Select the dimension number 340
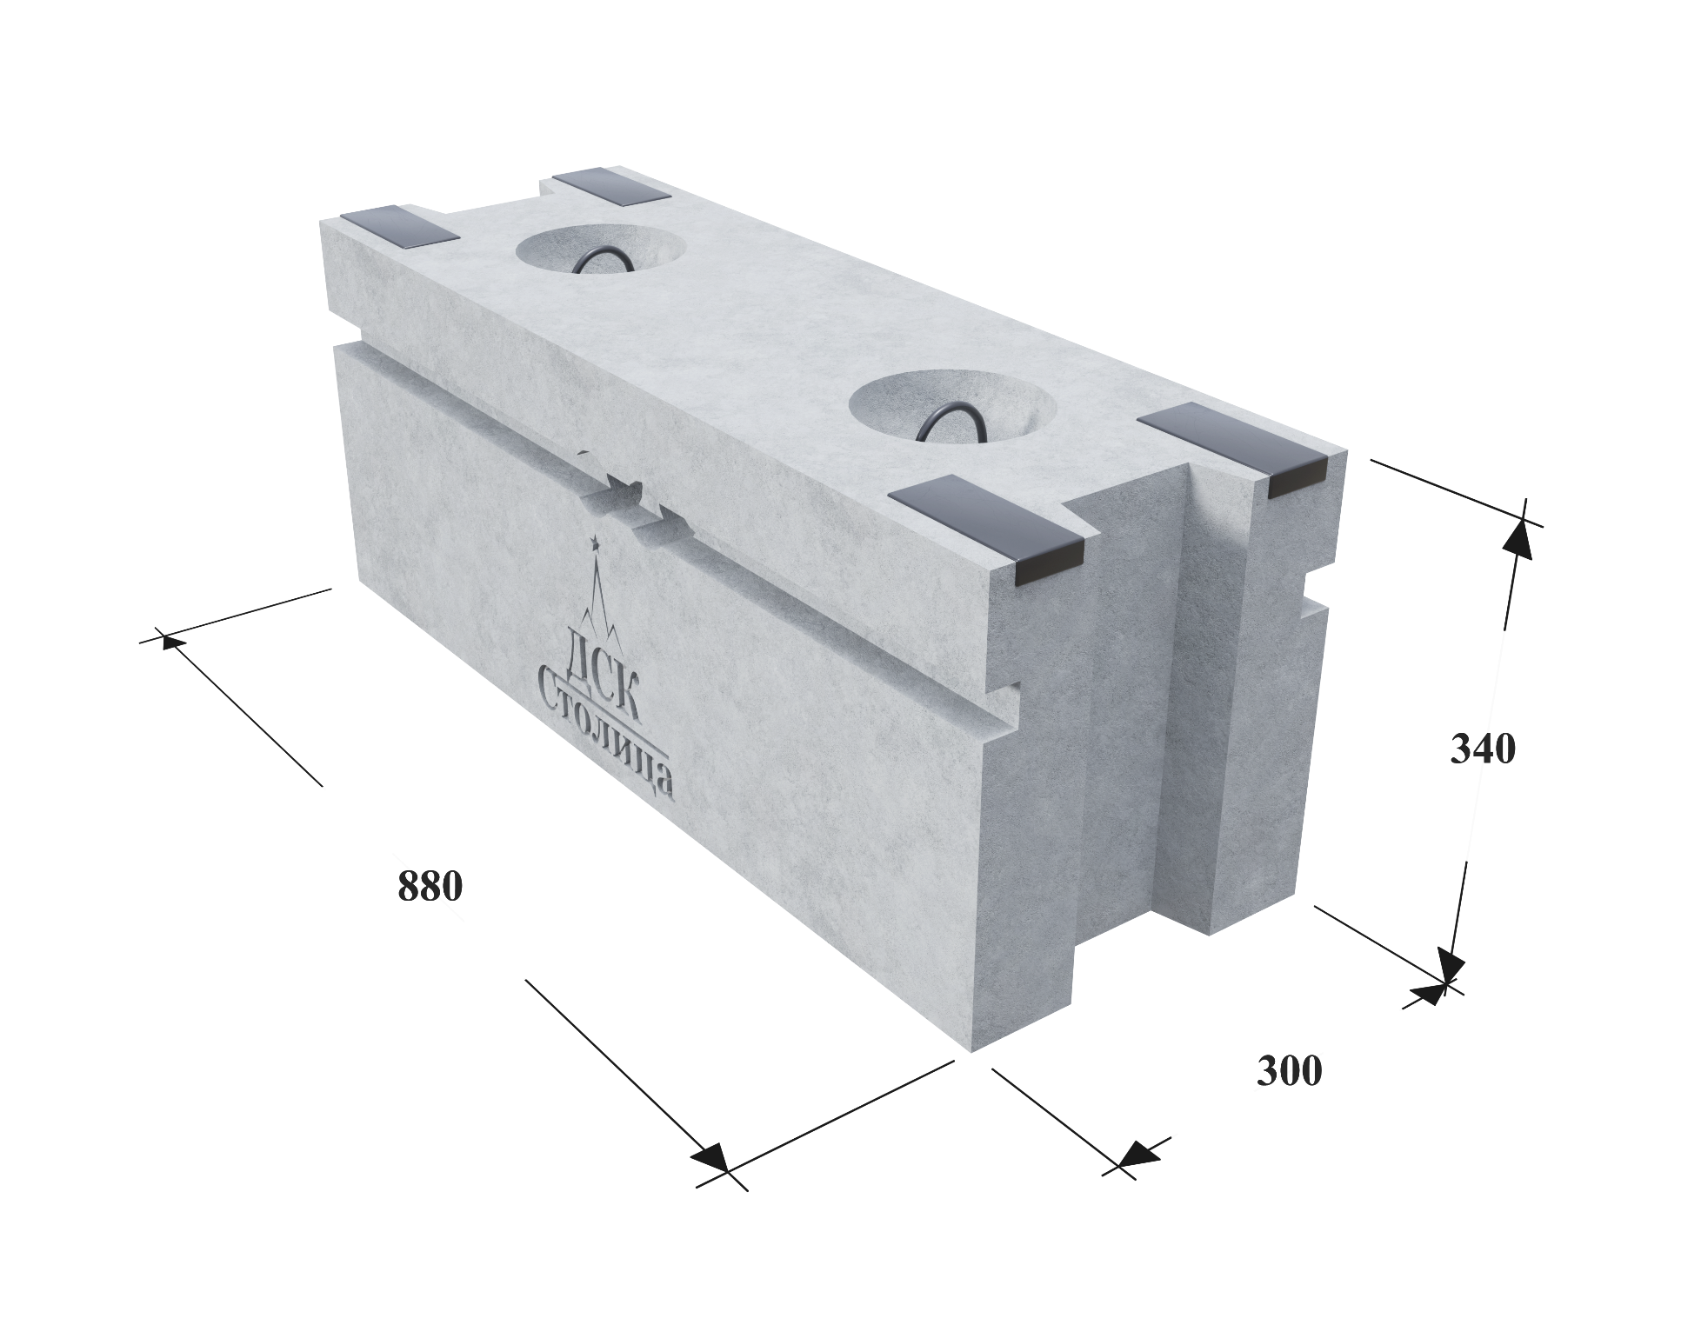[x=1483, y=749]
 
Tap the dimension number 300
[x=1289, y=1071]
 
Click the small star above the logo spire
[x=596, y=543]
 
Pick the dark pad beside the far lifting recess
[x=611, y=188]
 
